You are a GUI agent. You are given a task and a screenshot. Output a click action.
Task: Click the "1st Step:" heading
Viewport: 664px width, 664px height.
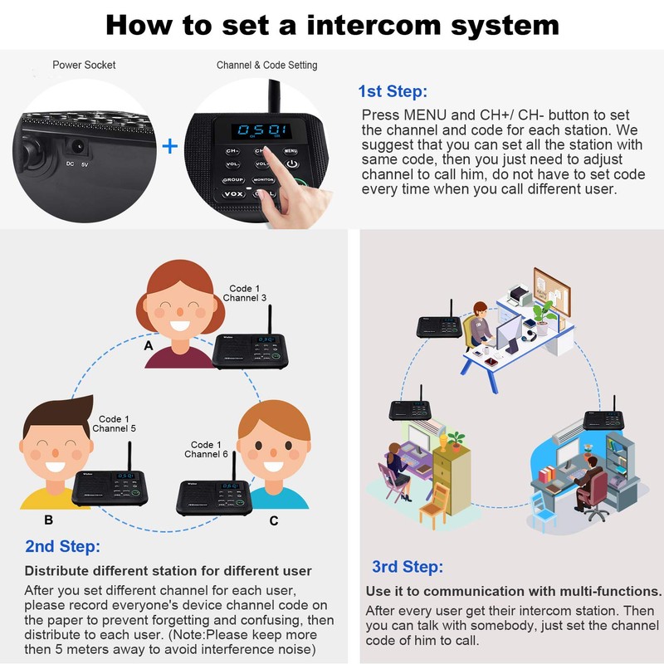(x=393, y=91)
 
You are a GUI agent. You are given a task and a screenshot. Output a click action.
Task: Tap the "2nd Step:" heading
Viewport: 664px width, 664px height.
(x=62, y=546)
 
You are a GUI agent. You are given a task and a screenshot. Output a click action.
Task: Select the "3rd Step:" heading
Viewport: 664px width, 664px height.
(x=408, y=567)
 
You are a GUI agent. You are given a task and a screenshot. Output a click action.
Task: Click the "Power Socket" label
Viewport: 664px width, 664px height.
(x=84, y=65)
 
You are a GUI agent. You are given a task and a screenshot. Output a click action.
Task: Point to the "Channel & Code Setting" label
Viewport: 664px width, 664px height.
(x=266, y=65)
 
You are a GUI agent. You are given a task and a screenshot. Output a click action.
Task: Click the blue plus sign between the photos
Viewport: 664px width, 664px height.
(x=169, y=147)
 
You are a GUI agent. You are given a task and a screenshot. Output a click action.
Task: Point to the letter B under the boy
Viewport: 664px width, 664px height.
(x=48, y=520)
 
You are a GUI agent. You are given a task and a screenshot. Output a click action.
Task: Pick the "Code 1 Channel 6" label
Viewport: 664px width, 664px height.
(x=207, y=450)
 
